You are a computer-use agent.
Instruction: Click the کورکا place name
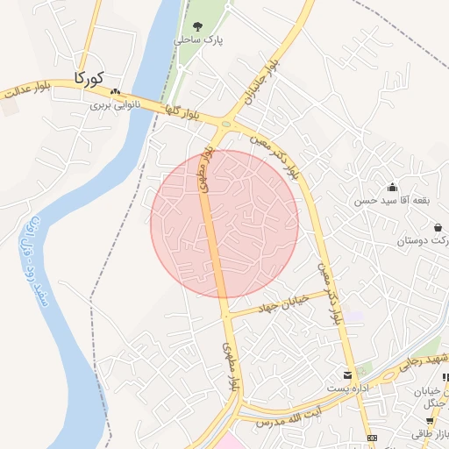90,78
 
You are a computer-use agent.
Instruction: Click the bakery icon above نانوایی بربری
115,90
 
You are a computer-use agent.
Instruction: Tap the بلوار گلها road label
185,111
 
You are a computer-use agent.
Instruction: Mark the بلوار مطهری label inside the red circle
207,170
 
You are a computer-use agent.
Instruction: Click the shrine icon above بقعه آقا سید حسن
392,187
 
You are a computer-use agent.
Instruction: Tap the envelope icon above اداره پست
348,374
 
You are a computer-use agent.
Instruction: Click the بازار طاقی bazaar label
431,433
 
